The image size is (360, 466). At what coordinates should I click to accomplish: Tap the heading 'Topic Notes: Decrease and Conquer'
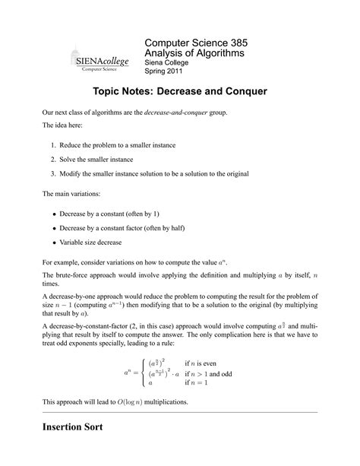pos(179,92)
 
